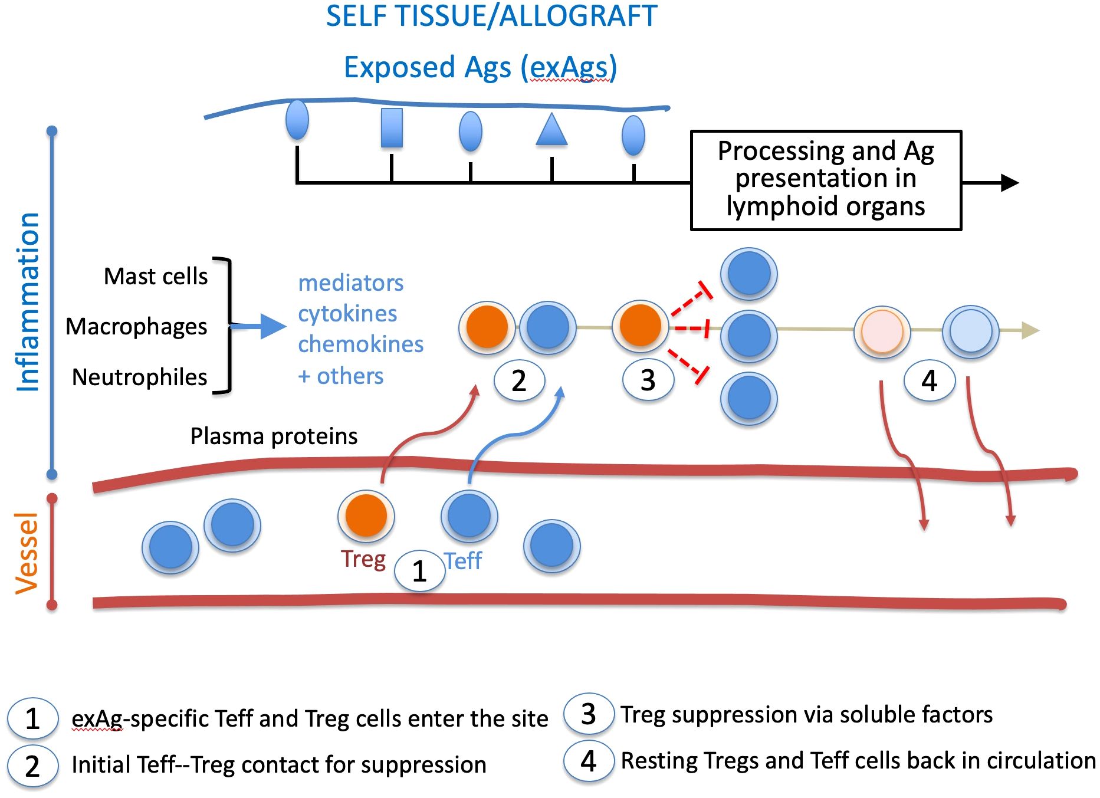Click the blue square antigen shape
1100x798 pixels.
[392, 127]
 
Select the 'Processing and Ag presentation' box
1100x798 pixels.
[826, 179]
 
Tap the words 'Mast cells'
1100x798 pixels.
[156, 276]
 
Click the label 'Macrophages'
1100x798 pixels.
[136, 326]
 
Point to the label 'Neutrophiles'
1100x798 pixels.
[139, 377]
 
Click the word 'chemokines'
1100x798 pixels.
[360, 344]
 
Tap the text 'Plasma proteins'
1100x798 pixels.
[274, 436]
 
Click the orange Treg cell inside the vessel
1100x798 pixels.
[366, 515]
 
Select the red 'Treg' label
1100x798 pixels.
[363, 559]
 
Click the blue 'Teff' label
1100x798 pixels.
[464, 561]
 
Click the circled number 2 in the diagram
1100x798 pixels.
[519, 380]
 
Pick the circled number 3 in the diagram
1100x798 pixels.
[648, 380]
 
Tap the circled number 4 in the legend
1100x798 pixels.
[588, 761]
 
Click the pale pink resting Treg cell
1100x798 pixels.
[882, 331]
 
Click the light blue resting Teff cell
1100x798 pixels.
[970, 331]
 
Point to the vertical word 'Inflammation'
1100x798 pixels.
[28, 302]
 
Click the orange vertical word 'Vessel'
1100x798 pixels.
[27, 553]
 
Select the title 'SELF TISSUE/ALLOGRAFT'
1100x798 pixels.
[491, 16]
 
